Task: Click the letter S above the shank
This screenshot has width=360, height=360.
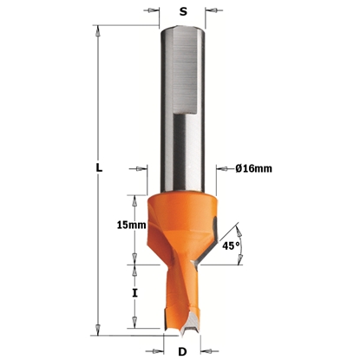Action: point(183,13)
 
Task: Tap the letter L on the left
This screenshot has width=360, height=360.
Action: point(99,169)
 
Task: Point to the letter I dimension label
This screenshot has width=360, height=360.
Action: point(134,293)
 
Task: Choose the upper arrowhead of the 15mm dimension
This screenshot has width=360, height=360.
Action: point(134,196)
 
